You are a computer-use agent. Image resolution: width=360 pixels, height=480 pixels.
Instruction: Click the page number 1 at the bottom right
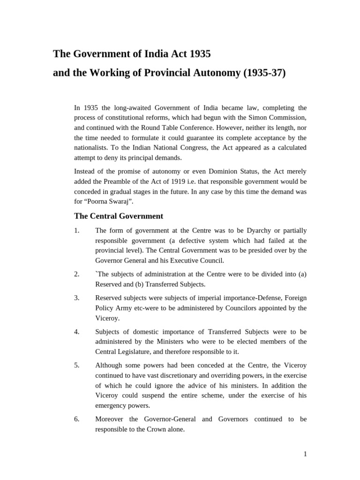pyautogui.click(x=305, y=454)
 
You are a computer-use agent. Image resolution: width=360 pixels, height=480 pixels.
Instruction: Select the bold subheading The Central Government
pyautogui.click(x=119, y=216)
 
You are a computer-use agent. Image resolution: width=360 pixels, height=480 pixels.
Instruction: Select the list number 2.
pyautogui.click(x=77, y=274)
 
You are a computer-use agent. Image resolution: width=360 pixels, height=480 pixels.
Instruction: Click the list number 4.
pyautogui.click(x=77, y=332)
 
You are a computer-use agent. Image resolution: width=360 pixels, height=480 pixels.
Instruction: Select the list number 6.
pyautogui.click(x=77, y=419)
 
